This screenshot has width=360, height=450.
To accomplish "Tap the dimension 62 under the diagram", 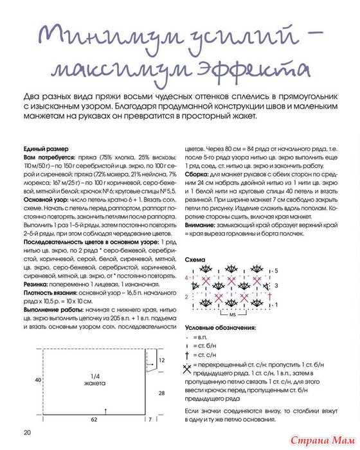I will point(93,419).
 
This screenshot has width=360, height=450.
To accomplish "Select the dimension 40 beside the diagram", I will point(29,380).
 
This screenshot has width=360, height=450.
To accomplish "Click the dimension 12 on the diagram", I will point(164,364).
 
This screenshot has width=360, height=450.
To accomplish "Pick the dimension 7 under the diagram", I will point(150,419).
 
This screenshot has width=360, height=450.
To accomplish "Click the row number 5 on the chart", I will point(276,271).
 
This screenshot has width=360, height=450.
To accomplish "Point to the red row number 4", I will point(188,278).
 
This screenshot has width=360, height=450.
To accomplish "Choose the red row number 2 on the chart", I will point(188,296).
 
